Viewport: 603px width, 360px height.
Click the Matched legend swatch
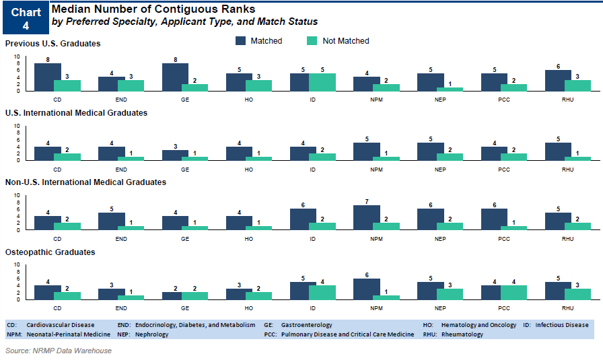coord(241,41)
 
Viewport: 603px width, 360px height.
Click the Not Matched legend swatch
coord(313,41)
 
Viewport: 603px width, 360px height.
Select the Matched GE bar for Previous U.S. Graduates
coord(175,77)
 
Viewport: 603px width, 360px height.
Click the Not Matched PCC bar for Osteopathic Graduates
coord(513,293)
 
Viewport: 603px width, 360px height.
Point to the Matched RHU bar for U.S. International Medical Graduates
coord(558,152)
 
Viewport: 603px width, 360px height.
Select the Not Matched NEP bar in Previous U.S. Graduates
coord(450,89)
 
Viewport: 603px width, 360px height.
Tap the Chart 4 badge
coord(26,18)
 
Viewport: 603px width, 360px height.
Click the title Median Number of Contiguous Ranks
coord(153,9)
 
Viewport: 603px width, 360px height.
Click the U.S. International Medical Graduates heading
coord(76,113)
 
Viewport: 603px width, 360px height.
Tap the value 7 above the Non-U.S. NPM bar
coord(366,201)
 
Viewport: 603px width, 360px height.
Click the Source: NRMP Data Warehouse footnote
coord(58,351)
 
